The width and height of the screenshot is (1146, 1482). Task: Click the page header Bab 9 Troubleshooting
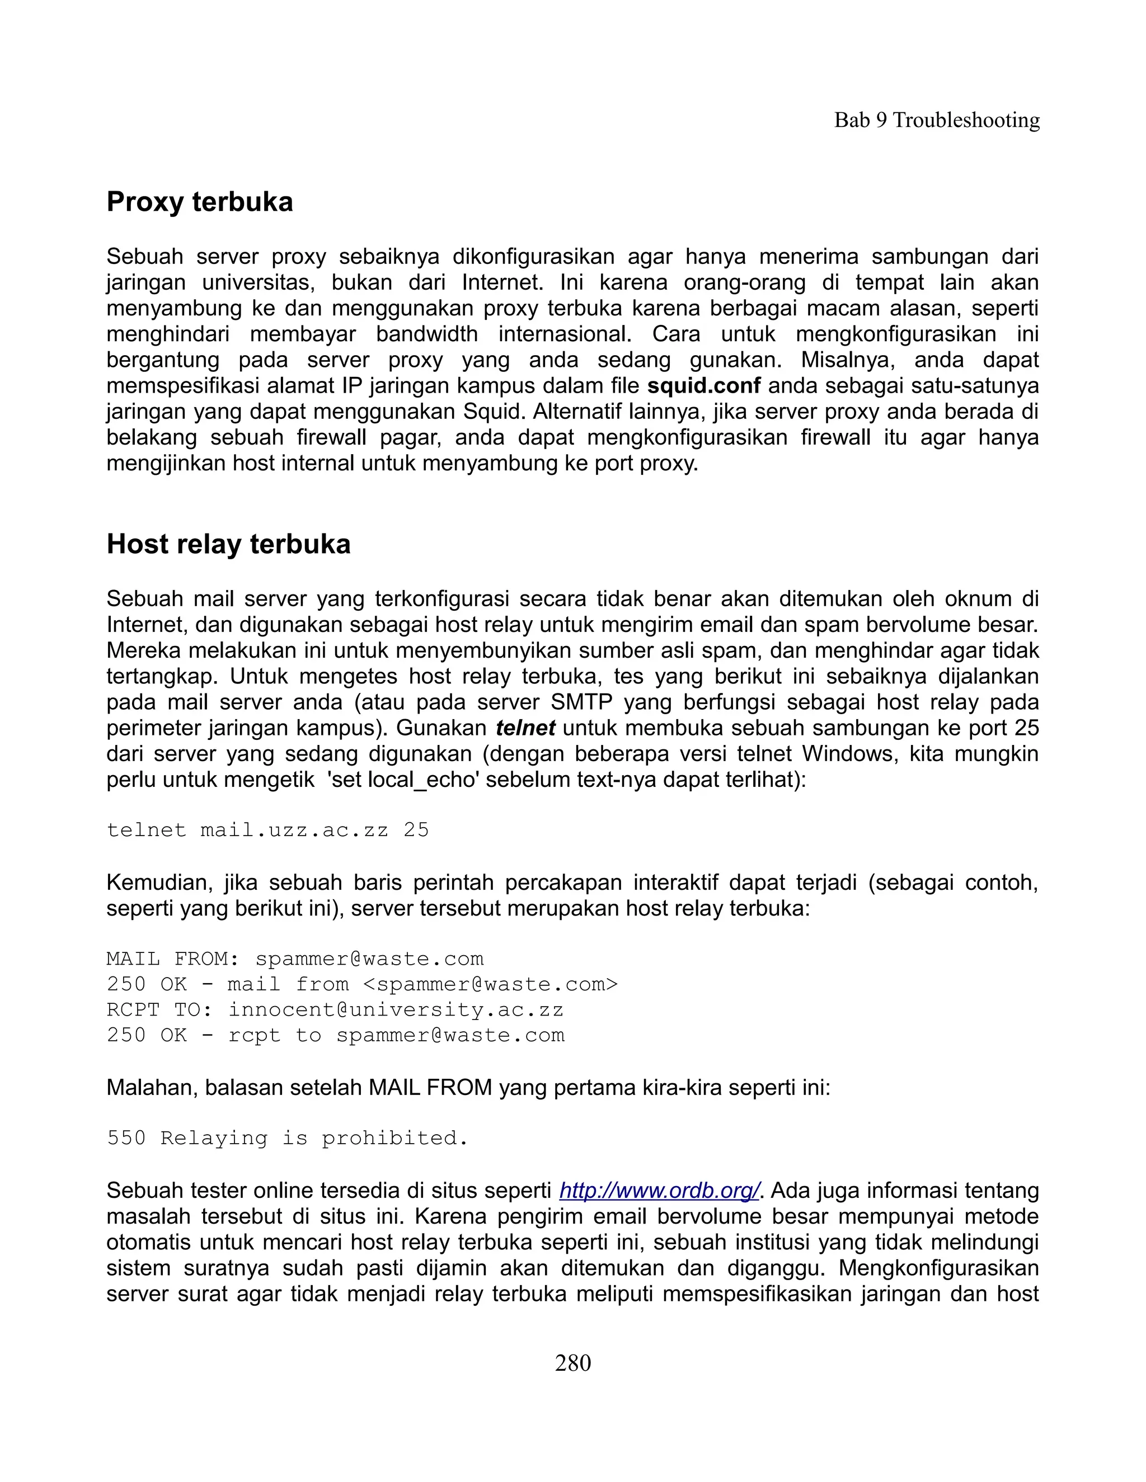tap(936, 120)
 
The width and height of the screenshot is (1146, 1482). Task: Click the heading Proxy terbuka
tap(200, 202)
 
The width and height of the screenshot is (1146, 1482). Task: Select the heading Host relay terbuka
tap(228, 544)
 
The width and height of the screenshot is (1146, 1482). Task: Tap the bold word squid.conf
tap(703, 386)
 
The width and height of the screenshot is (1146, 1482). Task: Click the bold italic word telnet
tap(525, 728)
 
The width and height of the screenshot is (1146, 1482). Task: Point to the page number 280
tap(572, 1362)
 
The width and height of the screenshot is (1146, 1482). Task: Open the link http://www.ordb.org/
tap(659, 1190)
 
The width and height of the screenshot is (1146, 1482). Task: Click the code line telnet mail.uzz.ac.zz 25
tap(267, 830)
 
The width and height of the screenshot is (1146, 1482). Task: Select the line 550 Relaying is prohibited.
tap(287, 1138)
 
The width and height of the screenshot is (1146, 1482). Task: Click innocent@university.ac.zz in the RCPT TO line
tap(395, 1009)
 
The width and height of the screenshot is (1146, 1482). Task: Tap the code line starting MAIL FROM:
tap(295, 959)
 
